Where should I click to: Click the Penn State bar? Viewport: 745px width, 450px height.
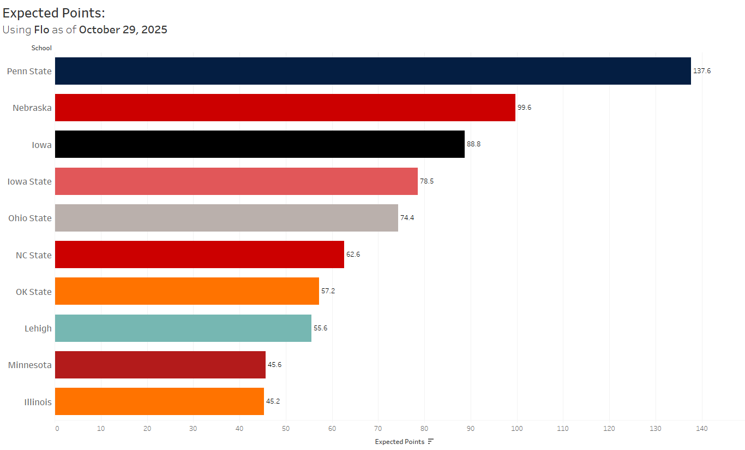pyautogui.click(x=373, y=71)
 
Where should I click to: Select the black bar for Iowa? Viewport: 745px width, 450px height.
pyautogui.click(x=260, y=144)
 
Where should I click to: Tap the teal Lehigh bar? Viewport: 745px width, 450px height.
pyautogui.click(x=183, y=328)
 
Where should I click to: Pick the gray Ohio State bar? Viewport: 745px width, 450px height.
pyautogui.click(x=226, y=218)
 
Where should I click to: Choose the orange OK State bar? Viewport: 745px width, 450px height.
pyautogui.click(x=187, y=291)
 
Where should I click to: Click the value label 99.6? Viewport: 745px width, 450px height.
pyautogui.click(x=524, y=108)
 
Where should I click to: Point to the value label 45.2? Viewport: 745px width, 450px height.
pyautogui.click(x=273, y=401)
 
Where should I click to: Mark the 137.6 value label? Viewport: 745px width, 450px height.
pyautogui.click(x=702, y=71)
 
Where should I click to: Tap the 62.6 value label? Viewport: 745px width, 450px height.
pyautogui.click(x=353, y=254)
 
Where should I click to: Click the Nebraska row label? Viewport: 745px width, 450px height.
pyautogui.click(x=32, y=108)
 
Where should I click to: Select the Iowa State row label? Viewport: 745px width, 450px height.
pyautogui.click(x=29, y=181)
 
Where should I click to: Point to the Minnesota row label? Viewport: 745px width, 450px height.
pyautogui.click(x=30, y=365)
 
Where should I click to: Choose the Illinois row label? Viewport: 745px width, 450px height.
pyautogui.click(x=38, y=402)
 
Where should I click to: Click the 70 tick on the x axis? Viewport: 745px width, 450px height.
pyautogui.click(x=378, y=429)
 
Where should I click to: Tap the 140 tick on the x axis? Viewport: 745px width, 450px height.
pyautogui.click(x=702, y=429)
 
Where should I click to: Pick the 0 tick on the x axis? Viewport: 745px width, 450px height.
pyautogui.click(x=57, y=429)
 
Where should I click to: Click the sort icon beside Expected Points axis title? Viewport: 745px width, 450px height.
pyautogui.click(x=431, y=441)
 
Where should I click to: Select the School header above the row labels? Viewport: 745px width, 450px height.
pyautogui.click(x=41, y=48)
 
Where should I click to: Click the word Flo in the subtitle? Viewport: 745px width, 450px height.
pyautogui.click(x=41, y=29)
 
